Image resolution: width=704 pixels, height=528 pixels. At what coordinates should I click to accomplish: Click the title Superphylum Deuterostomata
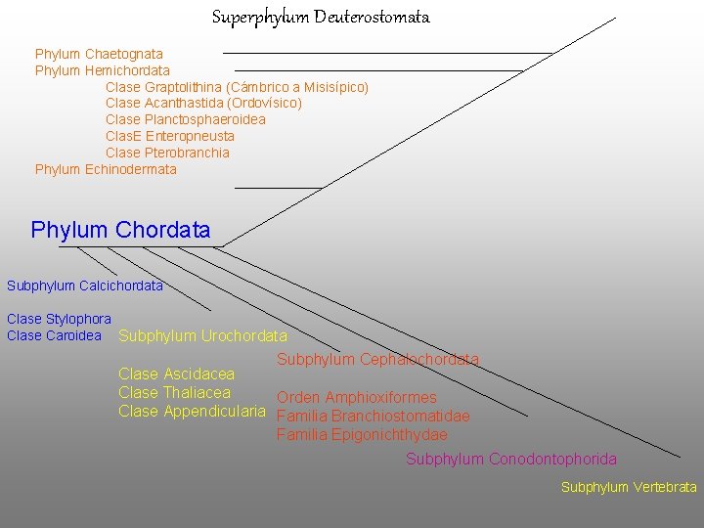click(x=321, y=18)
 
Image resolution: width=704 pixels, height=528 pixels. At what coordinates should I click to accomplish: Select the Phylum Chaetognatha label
click(x=99, y=54)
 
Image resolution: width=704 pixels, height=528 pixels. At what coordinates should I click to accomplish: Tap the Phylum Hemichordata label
click(x=102, y=70)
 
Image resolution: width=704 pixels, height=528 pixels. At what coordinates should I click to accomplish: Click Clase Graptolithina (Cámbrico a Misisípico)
click(x=237, y=87)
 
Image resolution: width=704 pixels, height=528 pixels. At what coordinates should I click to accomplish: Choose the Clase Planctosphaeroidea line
click(x=185, y=119)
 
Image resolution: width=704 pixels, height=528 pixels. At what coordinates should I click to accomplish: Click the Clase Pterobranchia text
click(x=167, y=153)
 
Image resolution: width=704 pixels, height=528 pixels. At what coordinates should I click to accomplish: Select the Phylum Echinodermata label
click(x=106, y=169)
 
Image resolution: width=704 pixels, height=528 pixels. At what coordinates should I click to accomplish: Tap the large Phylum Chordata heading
click(x=120, y=231)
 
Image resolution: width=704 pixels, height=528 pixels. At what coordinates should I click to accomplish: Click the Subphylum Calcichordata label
click(x=85, y=286)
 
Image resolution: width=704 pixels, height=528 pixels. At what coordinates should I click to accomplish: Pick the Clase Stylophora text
click(x=59, y=319)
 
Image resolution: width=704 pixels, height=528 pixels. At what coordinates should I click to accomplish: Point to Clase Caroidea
click(x=54, y=335)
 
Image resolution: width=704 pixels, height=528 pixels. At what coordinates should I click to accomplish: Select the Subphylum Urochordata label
click(x=202, y=336)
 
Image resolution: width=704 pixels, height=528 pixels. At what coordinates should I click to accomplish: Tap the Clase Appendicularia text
click(x=192, y=411)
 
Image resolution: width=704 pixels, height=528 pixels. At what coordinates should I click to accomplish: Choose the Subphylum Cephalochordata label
click(x=377, y=359)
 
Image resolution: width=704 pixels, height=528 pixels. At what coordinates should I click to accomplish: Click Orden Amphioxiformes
click(x=357, y=398)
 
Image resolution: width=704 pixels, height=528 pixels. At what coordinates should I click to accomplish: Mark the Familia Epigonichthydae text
click(x=362, y=434)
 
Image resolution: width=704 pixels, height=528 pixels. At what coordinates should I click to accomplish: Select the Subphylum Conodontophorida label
click(x=511, y=459)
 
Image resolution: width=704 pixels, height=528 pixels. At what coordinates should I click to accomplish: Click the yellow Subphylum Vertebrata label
click(x=629, y=487)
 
